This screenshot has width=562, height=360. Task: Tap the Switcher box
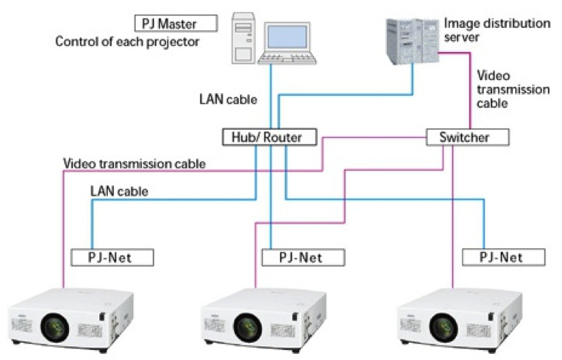(468, 137)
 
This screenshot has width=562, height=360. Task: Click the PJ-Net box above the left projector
(112, 256)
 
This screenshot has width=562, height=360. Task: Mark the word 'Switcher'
(468, 137)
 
